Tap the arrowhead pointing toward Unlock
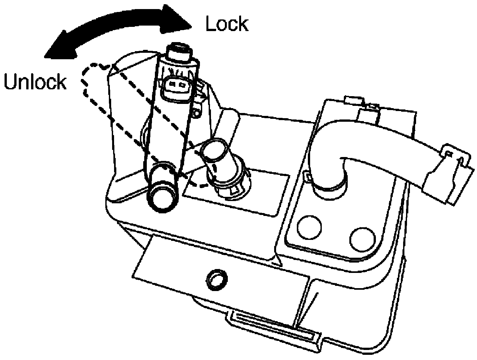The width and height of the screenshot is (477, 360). tap(60, 46)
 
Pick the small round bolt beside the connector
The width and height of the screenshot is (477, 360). tap(197, 113)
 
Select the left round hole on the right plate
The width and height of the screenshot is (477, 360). tap(309, 227)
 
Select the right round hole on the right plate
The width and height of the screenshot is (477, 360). tap(363, 240)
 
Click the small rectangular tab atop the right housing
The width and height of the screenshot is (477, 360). tap(355, 100)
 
